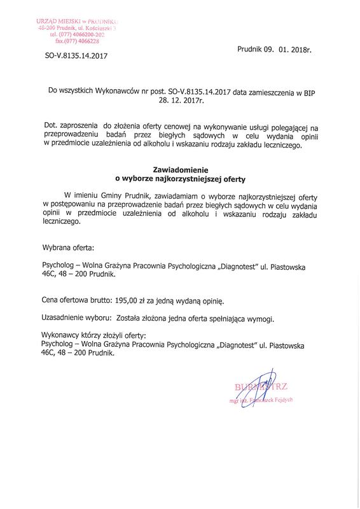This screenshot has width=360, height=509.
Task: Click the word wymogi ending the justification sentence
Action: (273, 317)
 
